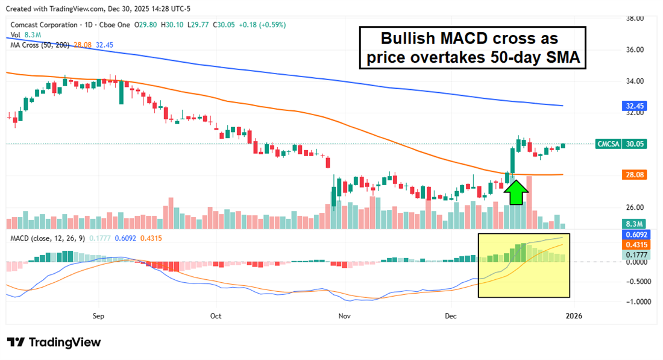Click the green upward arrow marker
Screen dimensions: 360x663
pos(515,192)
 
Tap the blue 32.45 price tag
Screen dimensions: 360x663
pos(634,106)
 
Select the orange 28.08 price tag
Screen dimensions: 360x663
pos(634,175)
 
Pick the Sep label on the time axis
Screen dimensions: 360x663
pos(99,315)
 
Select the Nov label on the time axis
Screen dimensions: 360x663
pos(344,315)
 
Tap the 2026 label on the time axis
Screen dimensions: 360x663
pos(574,315)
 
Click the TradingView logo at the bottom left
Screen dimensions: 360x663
pos(54,342)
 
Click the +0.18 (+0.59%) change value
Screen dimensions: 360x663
pos(263,25)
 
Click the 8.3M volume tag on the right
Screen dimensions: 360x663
pos(634,224)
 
